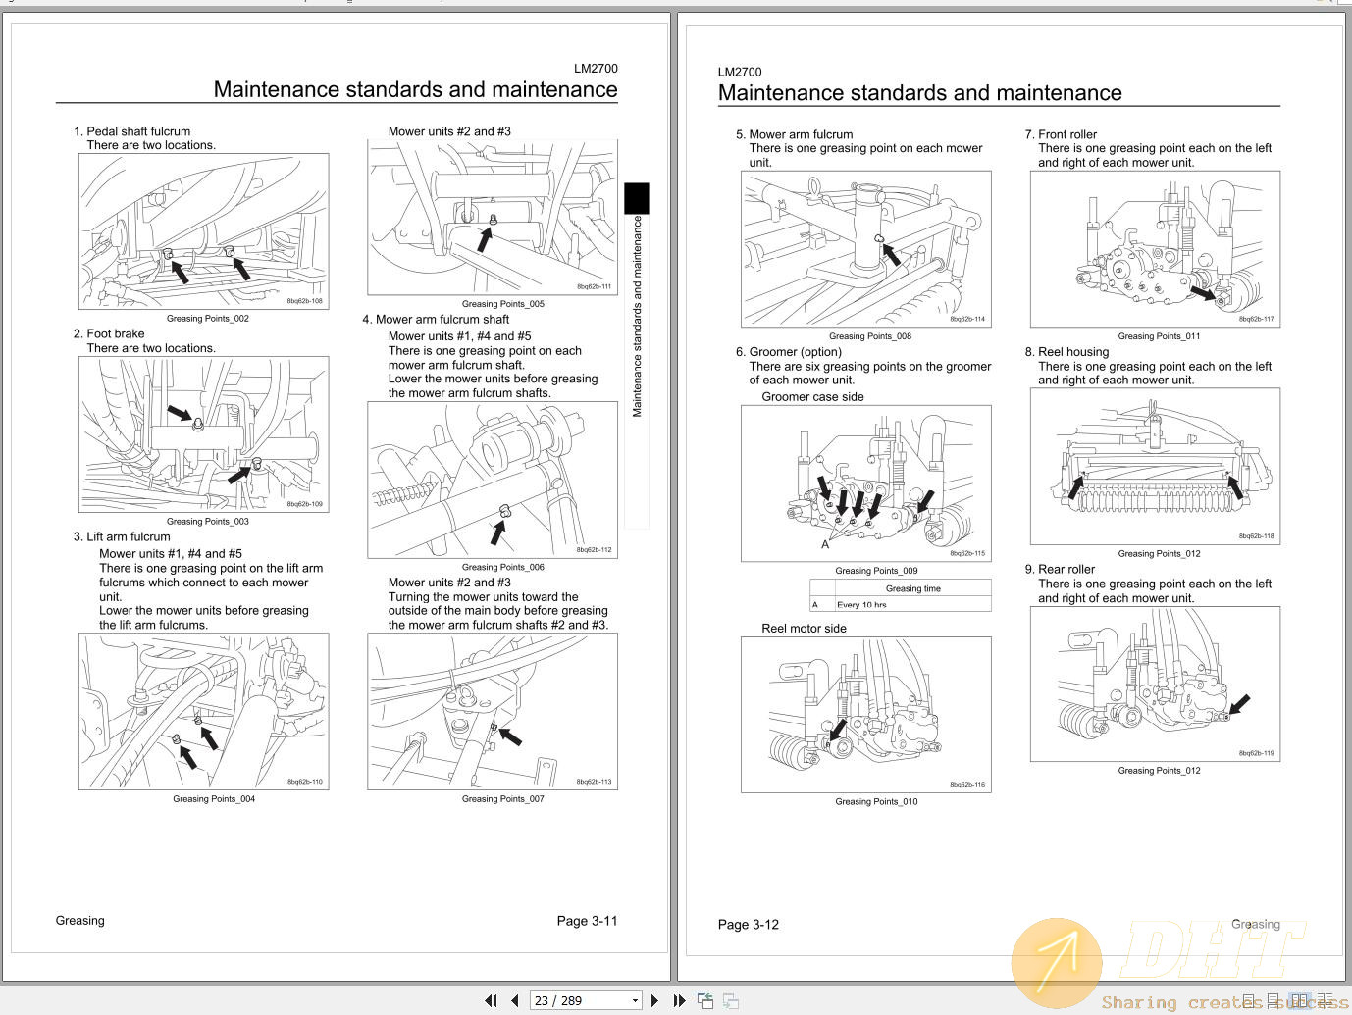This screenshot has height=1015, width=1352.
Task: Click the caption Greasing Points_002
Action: [208, 319]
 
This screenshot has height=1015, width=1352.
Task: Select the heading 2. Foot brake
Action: [109, 333]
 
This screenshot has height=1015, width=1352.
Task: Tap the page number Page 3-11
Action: [587, 921]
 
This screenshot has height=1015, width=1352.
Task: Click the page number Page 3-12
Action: [748, 925]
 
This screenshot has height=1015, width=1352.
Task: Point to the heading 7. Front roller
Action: [1061, 134]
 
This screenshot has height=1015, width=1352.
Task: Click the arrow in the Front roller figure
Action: [1202, 292]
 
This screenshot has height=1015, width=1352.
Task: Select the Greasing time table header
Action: [912, 588]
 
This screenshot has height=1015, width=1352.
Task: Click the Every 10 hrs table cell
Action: [861, 605]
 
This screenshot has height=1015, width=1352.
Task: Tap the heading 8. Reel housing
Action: [1066, 352]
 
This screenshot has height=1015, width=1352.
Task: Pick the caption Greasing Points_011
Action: [1159, 336]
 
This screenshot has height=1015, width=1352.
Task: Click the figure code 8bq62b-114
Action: [966, 320]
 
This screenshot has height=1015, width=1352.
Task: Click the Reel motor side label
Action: [804, 629]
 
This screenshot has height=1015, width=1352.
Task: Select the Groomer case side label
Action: [812, 397]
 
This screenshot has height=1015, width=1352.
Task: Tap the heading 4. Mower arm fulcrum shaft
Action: [436, 320]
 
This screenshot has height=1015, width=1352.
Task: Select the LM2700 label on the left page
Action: [596, 69]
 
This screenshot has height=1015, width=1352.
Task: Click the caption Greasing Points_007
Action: [502, 799]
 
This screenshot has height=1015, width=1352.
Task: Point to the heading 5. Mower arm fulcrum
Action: [794, 134]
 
